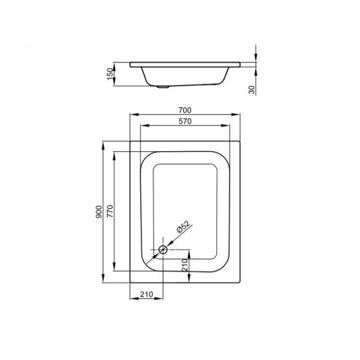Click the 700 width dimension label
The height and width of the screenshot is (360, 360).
(x=185, y=110)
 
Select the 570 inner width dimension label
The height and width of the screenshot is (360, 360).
(x=185, y=121)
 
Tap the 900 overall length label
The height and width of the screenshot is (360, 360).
(x=99, y=212)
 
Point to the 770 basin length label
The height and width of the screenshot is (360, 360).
(x=110, y=211)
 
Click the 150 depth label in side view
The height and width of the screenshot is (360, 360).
(x=110, y=74)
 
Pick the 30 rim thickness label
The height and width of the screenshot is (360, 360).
(x=251, y=90)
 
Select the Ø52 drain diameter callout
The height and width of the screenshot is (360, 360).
(x=184, y=227)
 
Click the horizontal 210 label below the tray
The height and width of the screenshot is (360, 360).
(x=146, y=294)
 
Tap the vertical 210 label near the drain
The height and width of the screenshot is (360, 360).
(x=185, y=265)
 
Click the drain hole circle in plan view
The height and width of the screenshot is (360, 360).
(x=163, y=250)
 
